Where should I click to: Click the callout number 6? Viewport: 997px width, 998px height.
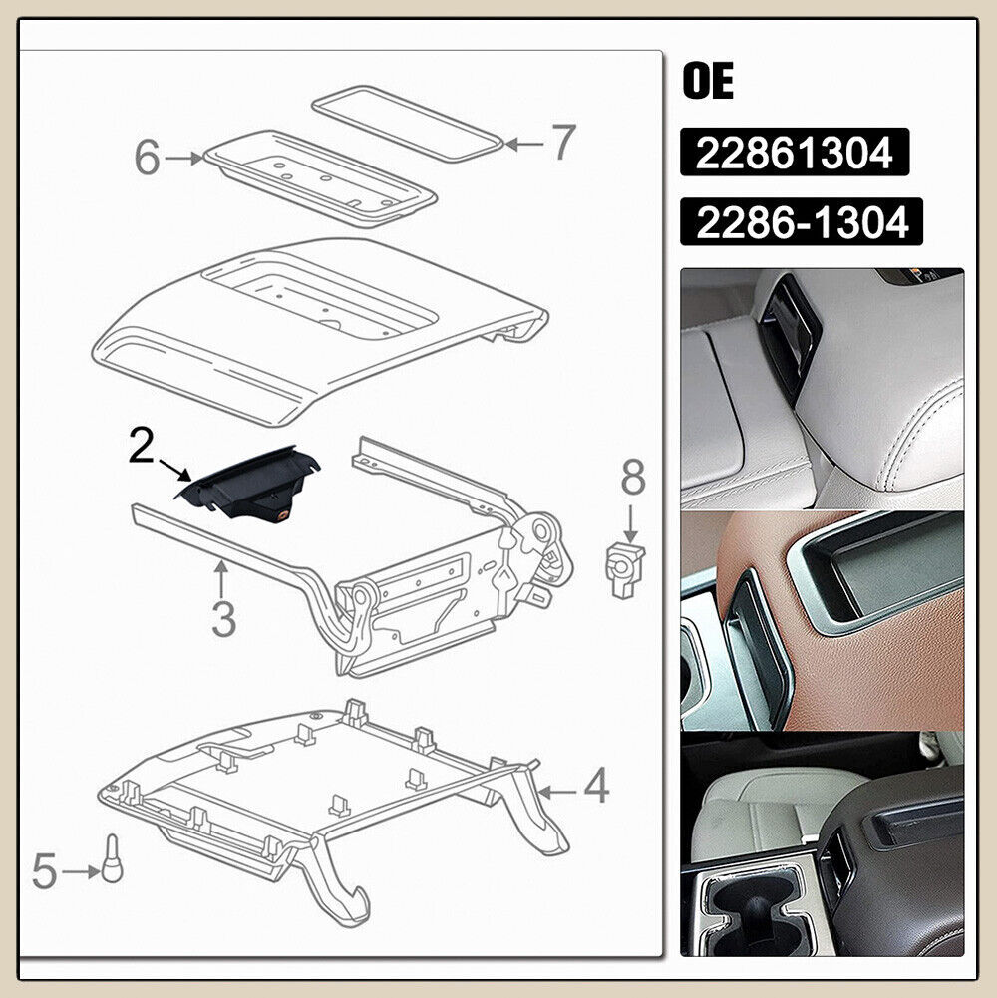(148, 158)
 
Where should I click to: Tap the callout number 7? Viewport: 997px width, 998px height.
(562, 143)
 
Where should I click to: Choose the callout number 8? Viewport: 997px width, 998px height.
(633, 479)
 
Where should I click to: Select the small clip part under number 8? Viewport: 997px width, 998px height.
(626, 568)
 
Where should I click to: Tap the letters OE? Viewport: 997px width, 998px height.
(708, 82)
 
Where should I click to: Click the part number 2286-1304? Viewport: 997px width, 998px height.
(802, 222)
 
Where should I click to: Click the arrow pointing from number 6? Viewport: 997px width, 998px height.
(185, 158)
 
